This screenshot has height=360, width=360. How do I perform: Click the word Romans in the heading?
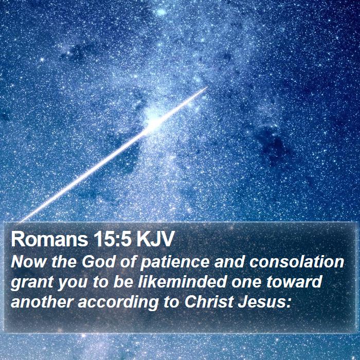[x=49, y=240]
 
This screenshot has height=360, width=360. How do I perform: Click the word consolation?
[x=296, y=261]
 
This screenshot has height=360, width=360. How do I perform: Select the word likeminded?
[x=182, y=281]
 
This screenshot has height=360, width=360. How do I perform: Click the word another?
[x=42, y=302]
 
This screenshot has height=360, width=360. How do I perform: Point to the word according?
[x=118, y=303]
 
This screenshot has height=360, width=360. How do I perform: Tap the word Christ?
[x=209, y=302]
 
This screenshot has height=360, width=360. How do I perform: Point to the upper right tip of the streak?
[x=207, y=87]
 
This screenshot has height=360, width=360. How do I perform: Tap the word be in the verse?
[x=123, y=281]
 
